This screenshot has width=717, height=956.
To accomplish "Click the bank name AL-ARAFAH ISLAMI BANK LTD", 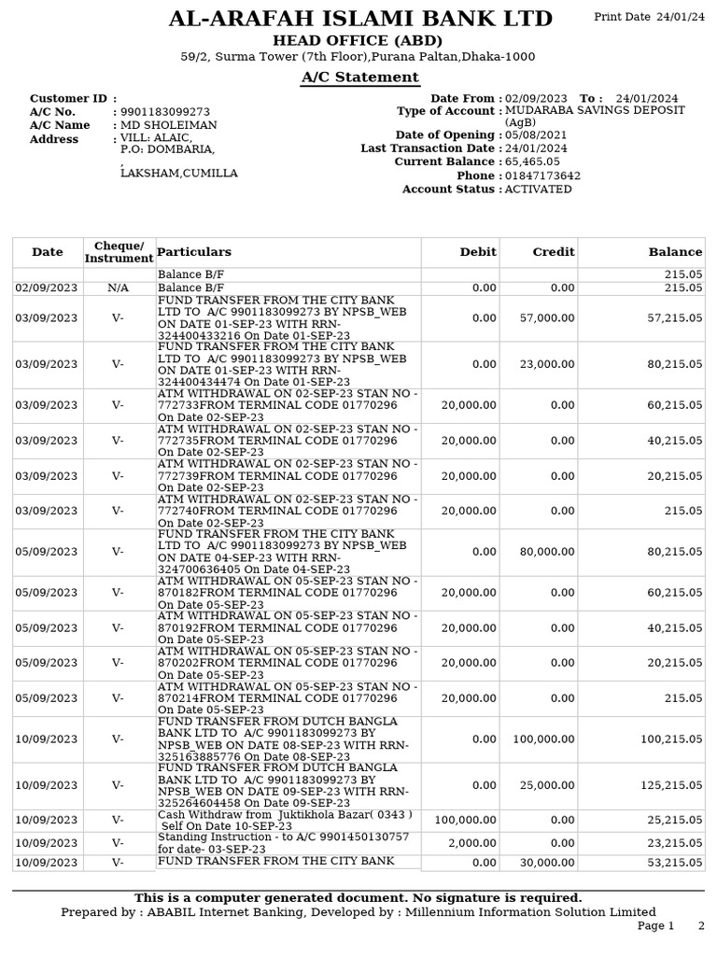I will (359, 19).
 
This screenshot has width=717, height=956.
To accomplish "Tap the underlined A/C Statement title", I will (359, 77).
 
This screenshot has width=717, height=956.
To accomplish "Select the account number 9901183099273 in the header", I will (165, 112).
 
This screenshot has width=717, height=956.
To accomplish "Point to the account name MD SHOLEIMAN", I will (169, 125).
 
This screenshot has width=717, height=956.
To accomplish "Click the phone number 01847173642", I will (542, 176).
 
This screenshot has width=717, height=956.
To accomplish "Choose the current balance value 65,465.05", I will (532, 162).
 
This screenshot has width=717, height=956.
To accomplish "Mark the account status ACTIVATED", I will (538, 190).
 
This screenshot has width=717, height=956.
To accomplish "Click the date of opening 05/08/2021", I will (535, 135).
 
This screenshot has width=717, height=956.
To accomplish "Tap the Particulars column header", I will (194, 252).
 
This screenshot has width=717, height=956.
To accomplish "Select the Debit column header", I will (478, 252).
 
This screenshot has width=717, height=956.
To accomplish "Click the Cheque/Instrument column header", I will (119, 252).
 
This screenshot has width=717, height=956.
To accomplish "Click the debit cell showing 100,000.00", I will (465, 820).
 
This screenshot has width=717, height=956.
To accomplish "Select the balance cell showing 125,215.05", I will (670, 785).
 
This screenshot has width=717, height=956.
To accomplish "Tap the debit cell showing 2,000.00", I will (474, 843).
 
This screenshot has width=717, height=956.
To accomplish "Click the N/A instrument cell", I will (119, 288).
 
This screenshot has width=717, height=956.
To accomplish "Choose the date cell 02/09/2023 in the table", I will (47, 288).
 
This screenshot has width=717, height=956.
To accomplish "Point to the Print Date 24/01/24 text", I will (650, 18).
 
